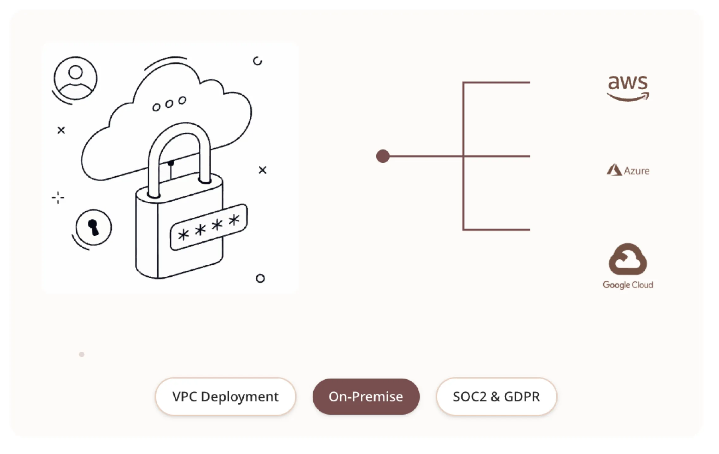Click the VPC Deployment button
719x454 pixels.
pyautogui.click(x=225, y=396)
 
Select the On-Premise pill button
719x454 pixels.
pyautogui.click(x=366, y=396)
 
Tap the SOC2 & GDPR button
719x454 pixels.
pyautogui.click(x=496, y=396)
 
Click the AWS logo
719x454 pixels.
pyautogui.click(x=628, y=88)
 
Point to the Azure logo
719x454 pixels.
pyautogui.click(x=628, y=170)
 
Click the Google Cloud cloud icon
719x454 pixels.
pyautogui.click(x=628, y=259)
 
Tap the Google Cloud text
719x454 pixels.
pyautogui.click(x=628, y=285)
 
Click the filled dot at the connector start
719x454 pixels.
pyautogui.click(x=383, y=156)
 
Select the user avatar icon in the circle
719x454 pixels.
pyautogui.click(x=75, y=78)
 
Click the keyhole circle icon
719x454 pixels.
pyautogui.click(x=93, y=227)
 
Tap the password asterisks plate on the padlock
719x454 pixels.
pyautogui.click(x=209, y=227)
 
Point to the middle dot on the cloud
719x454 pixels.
pyautogui.click(x=169, y=104)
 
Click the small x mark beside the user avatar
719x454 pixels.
pyautogui.click(x=61, y=130)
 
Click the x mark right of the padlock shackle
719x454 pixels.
pyautogui.click(x=262, y=170)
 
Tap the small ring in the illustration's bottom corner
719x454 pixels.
pyautogui.click(x=260, y=278)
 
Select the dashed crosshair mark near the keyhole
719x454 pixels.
pyautogui.click(x=58, y=198)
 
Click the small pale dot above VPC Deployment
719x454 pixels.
pyautogui.click(x=82, y=354)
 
